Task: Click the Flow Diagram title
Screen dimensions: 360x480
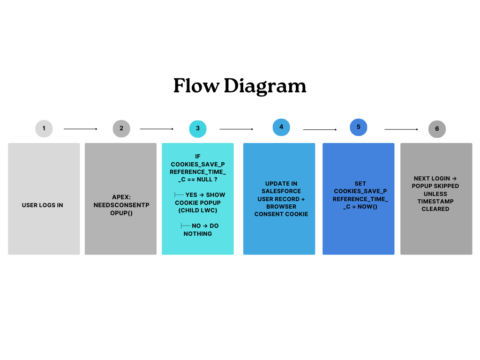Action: click(240, 86)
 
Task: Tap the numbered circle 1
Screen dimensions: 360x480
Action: click(44, 128)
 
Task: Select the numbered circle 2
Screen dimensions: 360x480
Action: click(121, 128)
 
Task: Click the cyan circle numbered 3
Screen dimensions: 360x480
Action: click(198, 128)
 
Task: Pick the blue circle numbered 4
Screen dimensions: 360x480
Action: click(281, 127)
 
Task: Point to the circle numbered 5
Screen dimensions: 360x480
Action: click(359, 127)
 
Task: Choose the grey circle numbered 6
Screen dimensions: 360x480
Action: click(437, 129)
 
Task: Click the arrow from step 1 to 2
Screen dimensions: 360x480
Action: click(81, 129)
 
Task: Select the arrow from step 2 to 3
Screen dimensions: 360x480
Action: click(157, 129)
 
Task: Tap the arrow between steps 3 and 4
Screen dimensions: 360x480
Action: click(236, 129)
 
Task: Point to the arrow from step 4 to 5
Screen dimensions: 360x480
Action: click(320, 129)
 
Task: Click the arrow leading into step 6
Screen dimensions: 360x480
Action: click(401, 129)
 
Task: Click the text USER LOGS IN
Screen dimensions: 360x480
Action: click(42, 205)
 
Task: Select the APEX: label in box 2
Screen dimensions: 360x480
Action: click(120, 197)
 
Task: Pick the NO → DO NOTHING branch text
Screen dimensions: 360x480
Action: click(199, 230)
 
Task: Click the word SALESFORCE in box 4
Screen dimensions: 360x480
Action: click(281, 191)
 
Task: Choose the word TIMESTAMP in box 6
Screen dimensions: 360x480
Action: click(435, 201)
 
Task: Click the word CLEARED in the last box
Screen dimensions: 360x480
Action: click(435, 209)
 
